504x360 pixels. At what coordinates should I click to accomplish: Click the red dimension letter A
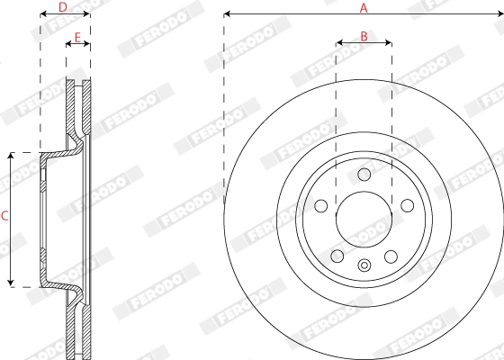[x=364, y=7]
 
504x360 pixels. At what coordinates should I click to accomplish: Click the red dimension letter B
[x=364, y=36]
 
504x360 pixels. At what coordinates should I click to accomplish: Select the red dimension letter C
[x=4, y=216]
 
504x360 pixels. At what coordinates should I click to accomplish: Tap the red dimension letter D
[x=62, y=7]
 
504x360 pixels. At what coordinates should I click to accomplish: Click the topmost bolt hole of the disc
[x=364, y=175]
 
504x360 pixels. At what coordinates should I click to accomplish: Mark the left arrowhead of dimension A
[x=227, y=14]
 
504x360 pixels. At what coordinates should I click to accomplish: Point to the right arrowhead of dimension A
[x=499, y=14]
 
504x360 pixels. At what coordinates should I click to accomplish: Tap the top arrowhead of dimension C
[x=11, y=156]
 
